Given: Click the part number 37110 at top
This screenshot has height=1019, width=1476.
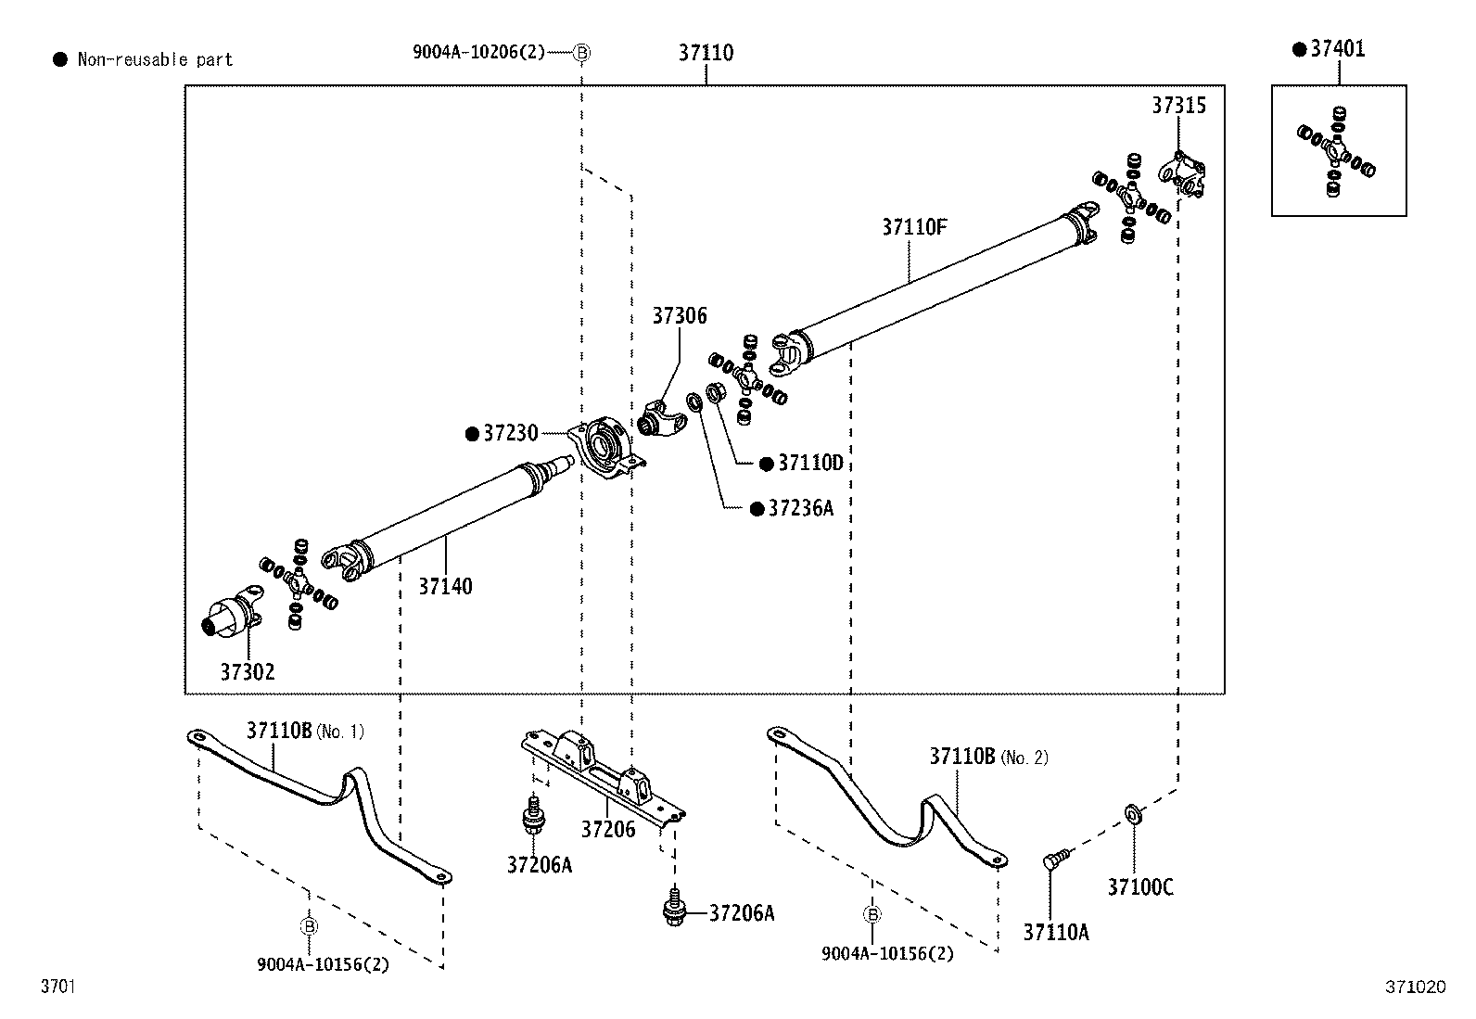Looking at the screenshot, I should tap(705, 53).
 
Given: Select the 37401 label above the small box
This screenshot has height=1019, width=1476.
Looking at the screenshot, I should tap(1337, 49).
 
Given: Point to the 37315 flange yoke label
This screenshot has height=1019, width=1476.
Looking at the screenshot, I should tap(1178, 106).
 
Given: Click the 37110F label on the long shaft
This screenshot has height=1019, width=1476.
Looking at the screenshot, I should tap(913, 227).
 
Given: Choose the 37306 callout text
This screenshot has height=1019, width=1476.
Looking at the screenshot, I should tap(679, 316).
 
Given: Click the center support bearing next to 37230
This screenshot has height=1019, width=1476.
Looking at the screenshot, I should tap(605, 448).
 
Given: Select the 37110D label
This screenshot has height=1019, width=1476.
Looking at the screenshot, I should tap(809, 463).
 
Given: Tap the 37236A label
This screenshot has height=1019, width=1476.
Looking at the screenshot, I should tap(800, 508).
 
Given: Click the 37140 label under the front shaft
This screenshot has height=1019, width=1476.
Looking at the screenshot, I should tap(445, 586).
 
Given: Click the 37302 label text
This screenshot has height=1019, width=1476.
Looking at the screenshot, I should tap(248, 672).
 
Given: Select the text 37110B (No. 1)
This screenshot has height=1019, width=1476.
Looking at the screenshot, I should tap(304, 731).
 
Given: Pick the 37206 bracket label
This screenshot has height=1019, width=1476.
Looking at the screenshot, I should tap(608, 829).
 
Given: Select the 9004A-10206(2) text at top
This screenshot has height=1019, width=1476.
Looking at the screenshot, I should tap(478, 53).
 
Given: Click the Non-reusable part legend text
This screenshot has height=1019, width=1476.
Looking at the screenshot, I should tap(154, 60).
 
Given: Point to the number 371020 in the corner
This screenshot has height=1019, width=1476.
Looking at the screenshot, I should tap(1415, 987).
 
